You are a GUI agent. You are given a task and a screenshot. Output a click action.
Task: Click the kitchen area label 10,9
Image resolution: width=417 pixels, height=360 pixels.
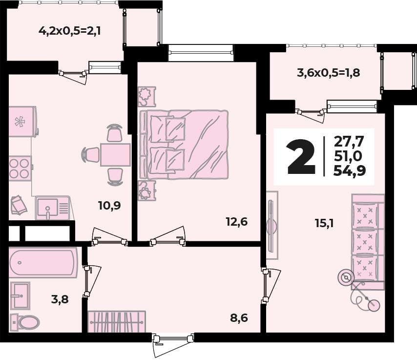[109, 205]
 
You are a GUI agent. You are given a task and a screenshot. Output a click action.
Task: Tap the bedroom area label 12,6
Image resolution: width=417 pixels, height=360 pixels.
[237, 222]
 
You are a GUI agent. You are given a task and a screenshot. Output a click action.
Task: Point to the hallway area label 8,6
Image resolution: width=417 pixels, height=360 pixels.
[239, 318]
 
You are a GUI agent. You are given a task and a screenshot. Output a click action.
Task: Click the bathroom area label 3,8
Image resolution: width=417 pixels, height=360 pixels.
[60, 299]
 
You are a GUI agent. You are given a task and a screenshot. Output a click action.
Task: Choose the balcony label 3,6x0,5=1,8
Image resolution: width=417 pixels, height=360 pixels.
[329, 73]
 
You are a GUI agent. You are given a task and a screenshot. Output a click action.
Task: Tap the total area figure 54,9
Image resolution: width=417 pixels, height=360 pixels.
[350, 170]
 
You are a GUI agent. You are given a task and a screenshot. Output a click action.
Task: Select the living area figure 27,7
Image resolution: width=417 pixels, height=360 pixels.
[350, 142]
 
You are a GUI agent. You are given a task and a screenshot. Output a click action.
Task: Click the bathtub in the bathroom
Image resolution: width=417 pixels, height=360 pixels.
[43, 263]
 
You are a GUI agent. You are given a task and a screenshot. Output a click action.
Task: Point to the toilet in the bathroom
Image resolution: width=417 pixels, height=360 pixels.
[26, 322]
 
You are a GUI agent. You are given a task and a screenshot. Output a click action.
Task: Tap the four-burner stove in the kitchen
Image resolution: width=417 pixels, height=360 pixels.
[20, 168]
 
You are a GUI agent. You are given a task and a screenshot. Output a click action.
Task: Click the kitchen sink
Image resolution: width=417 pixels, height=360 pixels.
[52, 208]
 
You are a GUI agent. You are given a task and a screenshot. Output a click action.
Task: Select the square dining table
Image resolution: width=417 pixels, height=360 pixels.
[115, 155]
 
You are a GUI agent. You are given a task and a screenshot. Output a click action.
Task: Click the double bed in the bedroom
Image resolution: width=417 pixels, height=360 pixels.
[186, 144]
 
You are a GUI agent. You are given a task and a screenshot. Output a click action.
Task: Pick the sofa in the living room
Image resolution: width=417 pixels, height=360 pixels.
[368, 237]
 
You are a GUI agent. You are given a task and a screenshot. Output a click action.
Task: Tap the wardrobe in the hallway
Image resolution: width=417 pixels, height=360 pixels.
[116, 321]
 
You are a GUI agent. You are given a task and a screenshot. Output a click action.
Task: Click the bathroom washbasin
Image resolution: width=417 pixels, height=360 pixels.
[21, 296]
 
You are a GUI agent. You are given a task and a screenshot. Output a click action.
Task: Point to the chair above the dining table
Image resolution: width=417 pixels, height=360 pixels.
[114, 133]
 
